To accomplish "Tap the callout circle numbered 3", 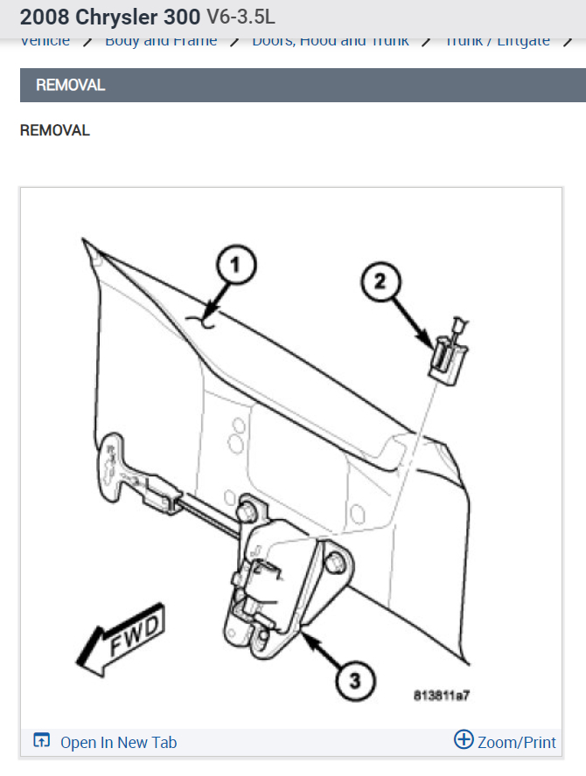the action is [x=352, y=677].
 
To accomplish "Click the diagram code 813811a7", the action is [x=442, y=696].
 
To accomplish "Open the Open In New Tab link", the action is [x=118, y=742].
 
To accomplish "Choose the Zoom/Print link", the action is [x=516, y=742].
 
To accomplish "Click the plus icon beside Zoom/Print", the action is [x=464, y=740].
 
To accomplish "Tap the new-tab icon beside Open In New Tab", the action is [x=41, y=741].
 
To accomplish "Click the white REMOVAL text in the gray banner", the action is [x=70, y=86].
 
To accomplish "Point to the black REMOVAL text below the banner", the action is [x=54, y=130].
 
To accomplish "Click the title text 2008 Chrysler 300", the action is [x=109, y=17].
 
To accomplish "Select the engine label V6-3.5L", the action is [x=241, y=17].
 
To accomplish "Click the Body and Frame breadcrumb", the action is [x=161, y=41].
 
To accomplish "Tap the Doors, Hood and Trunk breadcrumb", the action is [x=331, y=41].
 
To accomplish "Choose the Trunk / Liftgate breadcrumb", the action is [x=498, y=41].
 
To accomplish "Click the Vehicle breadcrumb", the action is [x=45, y=41].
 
